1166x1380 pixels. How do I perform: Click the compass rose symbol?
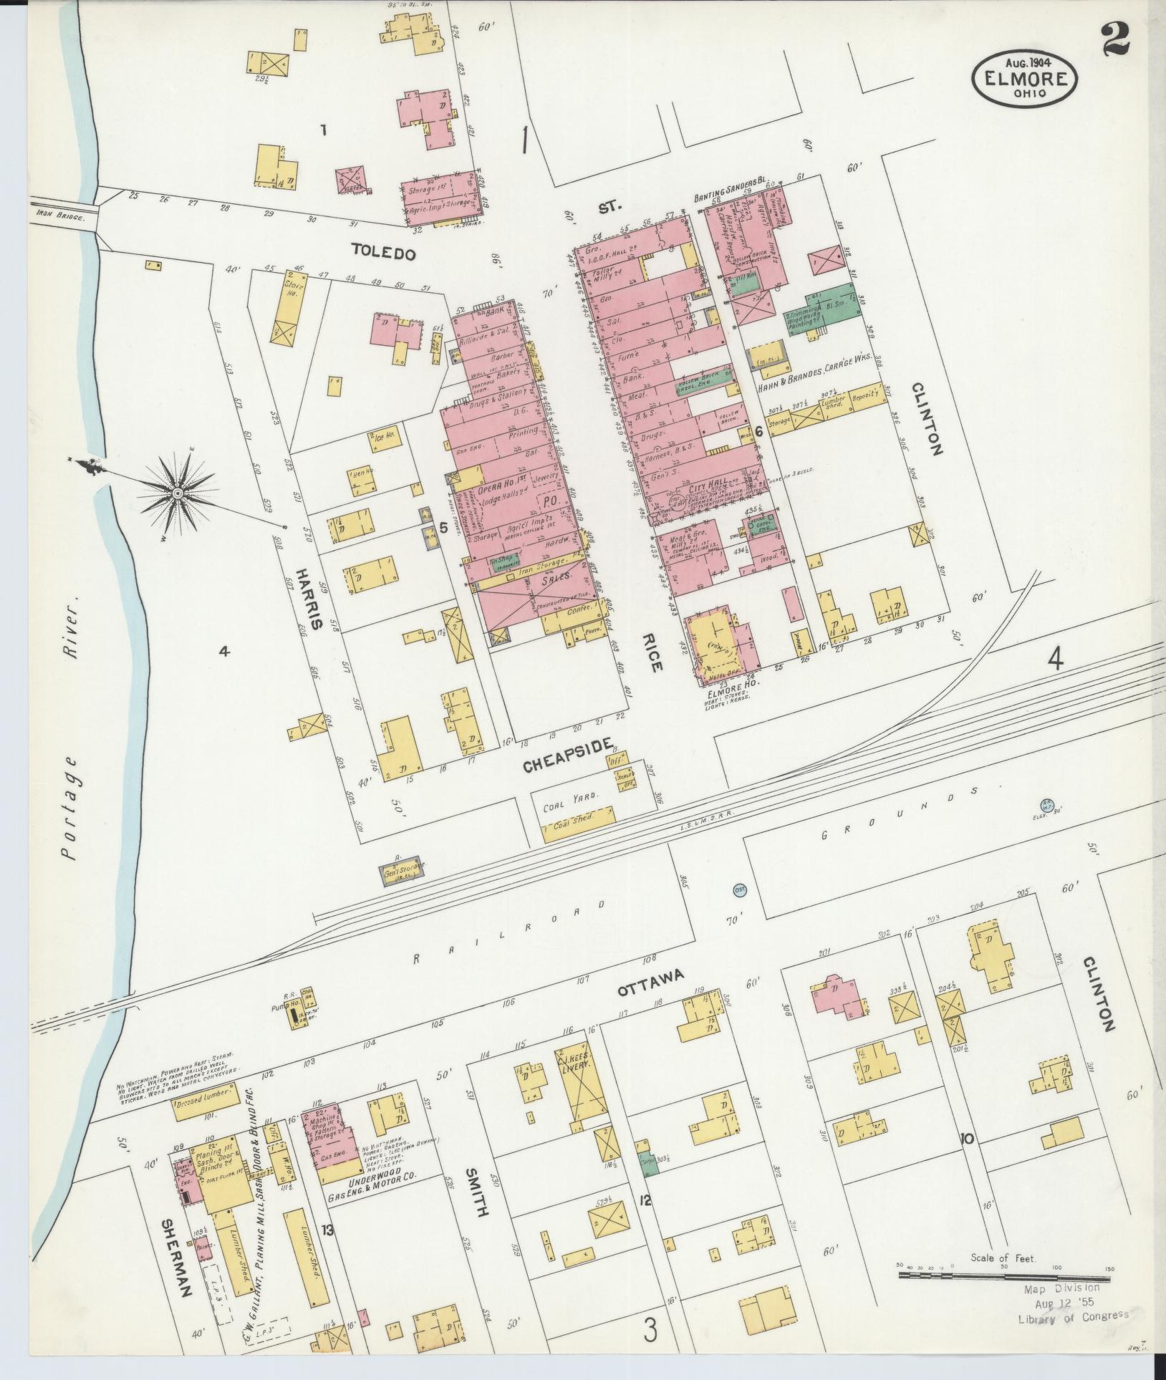pyautogui.click(x=177, y=493)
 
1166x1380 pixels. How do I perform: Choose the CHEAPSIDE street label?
pyautogui.click(x=568, y=762)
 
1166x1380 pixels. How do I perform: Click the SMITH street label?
pyautogui.click(x=476, y=1192)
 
